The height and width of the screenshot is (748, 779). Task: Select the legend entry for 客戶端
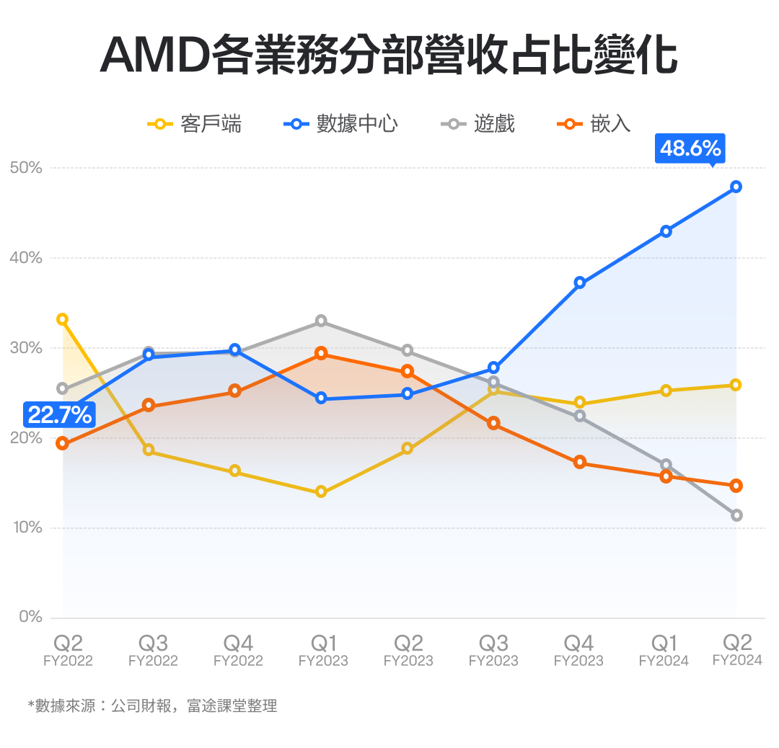tap(195, 124)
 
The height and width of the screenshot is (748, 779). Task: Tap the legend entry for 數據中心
tap(341, 124)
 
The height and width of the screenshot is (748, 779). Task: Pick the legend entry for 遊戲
tap(478, 124)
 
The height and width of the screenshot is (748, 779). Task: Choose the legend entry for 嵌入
tap(595, 124)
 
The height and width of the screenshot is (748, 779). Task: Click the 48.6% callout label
tap(690, 148)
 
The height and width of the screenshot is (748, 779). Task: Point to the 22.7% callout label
tap(60, 414)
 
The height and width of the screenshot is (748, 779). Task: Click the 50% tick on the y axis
tap(27, 168)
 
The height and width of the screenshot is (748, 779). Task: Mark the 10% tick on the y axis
tap(27, 527)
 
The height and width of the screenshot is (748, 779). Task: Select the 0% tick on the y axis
tap(30, 618)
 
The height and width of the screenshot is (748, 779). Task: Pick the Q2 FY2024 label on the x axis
tap(736, 649)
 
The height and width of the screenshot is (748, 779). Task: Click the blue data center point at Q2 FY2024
tap(736, 187)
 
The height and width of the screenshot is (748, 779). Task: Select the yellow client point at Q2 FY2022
tap(63, 319)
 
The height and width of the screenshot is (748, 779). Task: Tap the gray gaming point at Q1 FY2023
tap(321, 321)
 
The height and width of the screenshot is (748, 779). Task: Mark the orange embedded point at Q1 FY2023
tap(321, 353)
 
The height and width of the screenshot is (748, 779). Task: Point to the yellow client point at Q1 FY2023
tap(321, 492)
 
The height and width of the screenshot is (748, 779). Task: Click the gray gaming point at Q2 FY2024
tap(736, 515)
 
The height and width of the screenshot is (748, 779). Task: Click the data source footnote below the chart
tap(152, 705)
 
